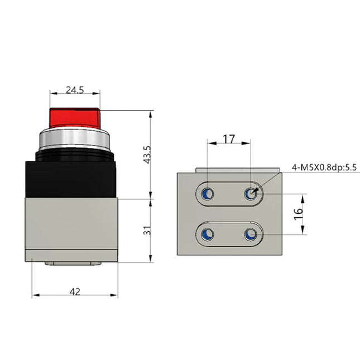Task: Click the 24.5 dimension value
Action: (x=75, y=89)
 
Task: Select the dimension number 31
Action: (x=147, y=230)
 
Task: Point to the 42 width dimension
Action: (x=75, y=291)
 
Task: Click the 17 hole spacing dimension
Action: (x=229, y=138)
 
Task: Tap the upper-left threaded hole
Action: (x=208, y=194)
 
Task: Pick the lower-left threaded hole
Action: (x=208, y=233)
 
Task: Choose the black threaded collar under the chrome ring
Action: (x=75, y=153)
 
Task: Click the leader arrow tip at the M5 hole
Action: (x=255, y=191)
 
